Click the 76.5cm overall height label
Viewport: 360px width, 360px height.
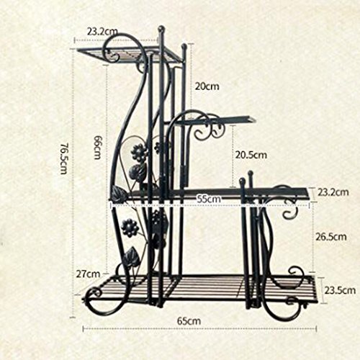[x=63, y=158]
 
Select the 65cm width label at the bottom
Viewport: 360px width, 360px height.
[x=189, y=321]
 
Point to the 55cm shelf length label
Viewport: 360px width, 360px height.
[x=209, y=199]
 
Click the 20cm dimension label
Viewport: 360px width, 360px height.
[x=207, y=86]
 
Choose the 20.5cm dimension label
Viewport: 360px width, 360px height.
[x=251, y=155]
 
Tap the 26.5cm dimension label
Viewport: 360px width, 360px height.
[x=331, y=237]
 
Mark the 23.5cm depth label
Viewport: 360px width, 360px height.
[x=340, y=290]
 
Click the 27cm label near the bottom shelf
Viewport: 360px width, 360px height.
[x=88, y=274]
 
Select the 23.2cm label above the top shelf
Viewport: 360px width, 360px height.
[x=102, y=32]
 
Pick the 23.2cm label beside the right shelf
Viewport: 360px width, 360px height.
[x=333, y=192]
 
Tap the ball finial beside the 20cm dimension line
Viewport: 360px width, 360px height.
[x=184, y=46]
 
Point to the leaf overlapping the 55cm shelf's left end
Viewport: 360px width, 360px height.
[x=118, y=194]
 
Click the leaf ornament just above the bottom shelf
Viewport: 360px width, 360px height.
[x=132, y=256]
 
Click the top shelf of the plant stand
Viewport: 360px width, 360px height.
[x=129, y=55]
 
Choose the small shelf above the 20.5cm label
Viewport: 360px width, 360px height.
[x=215, y=121]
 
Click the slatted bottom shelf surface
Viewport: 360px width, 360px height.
[x=200, y=289]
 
